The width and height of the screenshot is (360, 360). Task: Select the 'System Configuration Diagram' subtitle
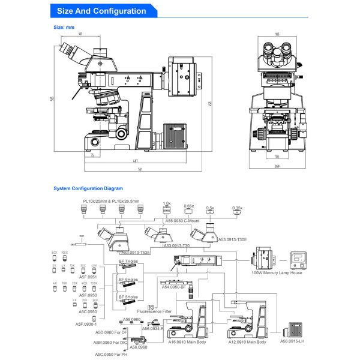(88, 188)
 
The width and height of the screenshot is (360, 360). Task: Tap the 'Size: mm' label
(64, 27)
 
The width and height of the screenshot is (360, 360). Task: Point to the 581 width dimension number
(140, 169)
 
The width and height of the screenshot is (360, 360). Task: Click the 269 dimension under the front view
(277, 166)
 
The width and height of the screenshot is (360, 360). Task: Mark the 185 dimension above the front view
(277, 34)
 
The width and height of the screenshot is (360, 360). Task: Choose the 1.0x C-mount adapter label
(167, 203)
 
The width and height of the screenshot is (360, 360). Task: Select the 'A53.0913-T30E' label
(232, 239)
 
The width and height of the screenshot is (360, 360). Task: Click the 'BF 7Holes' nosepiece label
(129, 262)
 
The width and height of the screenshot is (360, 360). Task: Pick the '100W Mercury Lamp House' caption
(277, 273)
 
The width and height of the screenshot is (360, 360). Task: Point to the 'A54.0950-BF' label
(175, 287)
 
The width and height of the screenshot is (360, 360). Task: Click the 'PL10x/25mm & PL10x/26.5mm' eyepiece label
(111, 201)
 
